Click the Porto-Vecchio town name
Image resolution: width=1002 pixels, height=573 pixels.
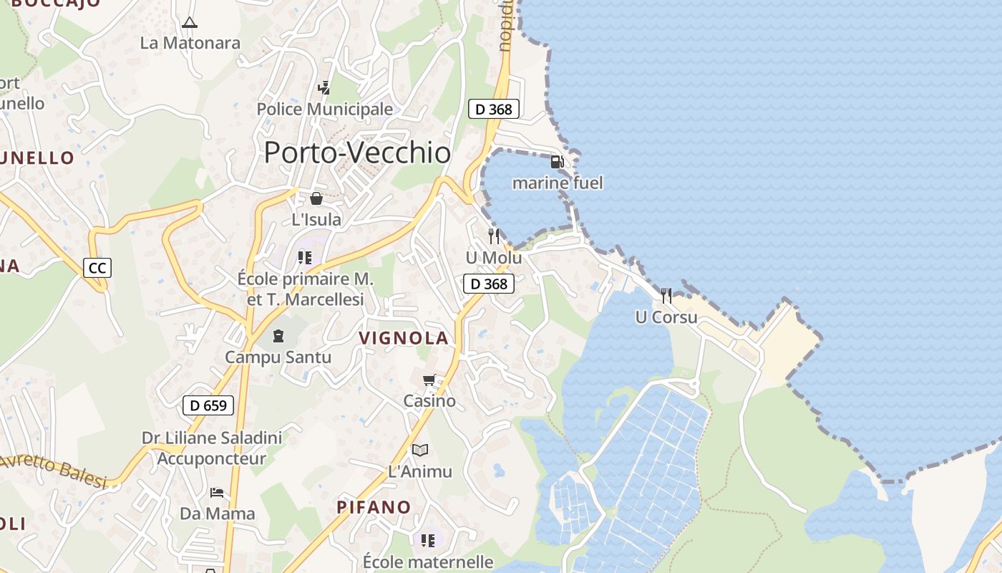tap(357, 153)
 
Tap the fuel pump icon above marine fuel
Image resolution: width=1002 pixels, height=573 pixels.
tap(557, 162)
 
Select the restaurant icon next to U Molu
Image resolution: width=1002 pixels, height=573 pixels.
tap(494, 236)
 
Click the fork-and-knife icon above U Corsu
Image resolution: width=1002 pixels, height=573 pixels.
tap(666, 295)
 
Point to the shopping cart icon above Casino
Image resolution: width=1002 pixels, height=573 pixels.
tap(429, 380)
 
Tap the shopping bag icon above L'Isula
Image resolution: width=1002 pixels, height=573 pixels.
tap(316, 198)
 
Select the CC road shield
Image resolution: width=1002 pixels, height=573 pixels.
tap(97, 268)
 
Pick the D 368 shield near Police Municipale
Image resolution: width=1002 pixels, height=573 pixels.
tap(493, 109)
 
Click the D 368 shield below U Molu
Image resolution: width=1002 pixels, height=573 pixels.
tap(489, 284)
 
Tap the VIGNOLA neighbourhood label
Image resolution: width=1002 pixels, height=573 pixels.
tap(404, 338)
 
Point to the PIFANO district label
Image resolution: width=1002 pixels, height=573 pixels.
tap(374, 507)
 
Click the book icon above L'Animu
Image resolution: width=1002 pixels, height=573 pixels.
tap(420, 450)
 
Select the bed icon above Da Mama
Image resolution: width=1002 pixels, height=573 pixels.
tap(217, 492)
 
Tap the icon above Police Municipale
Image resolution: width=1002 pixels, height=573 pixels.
tap(324, 87)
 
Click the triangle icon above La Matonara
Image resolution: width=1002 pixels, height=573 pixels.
tap(189, 22)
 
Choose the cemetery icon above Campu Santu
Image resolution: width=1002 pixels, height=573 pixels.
tap(278, 335)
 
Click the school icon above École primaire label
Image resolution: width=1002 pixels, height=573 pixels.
tap(305, 257)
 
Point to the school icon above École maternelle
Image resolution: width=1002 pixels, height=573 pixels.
tap(428, 540)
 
